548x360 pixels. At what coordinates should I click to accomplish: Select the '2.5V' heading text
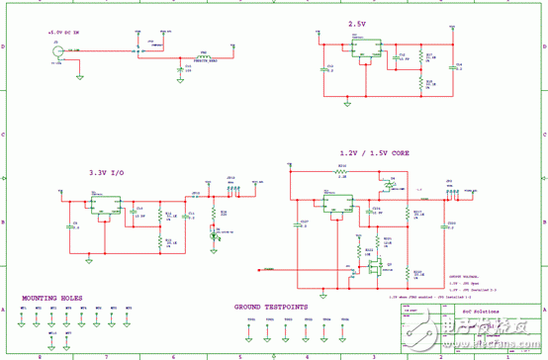pos(357,24)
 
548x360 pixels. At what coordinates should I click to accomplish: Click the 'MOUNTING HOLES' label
pos(53,298)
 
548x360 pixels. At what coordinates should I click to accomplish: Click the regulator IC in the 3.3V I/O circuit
pos(102,206)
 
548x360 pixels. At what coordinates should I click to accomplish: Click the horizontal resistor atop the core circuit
pos(341,170)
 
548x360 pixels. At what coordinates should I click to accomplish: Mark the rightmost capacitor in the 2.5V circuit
pos(450,67)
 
